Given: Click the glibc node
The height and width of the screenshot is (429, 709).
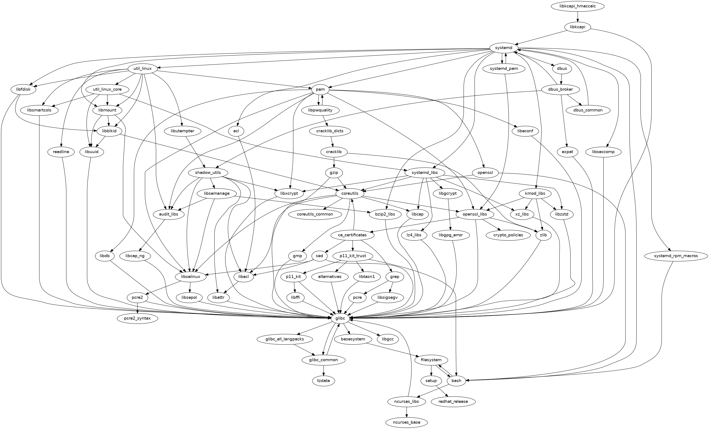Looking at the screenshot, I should point(340,318).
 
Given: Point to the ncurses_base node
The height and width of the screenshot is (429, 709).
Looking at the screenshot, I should point(407,422).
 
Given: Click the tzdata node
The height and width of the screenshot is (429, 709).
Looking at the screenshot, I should point(324,381).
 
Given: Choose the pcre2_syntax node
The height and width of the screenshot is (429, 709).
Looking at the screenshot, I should point(138,318).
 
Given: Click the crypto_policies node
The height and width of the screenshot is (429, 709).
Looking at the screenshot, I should point(508,235).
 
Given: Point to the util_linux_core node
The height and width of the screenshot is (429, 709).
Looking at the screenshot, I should point(107,89).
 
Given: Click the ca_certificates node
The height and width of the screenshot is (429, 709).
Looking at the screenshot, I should point(353,235).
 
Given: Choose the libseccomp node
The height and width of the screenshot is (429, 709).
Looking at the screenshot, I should point(603,152).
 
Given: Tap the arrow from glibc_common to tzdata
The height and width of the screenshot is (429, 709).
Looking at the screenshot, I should point(324,370).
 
